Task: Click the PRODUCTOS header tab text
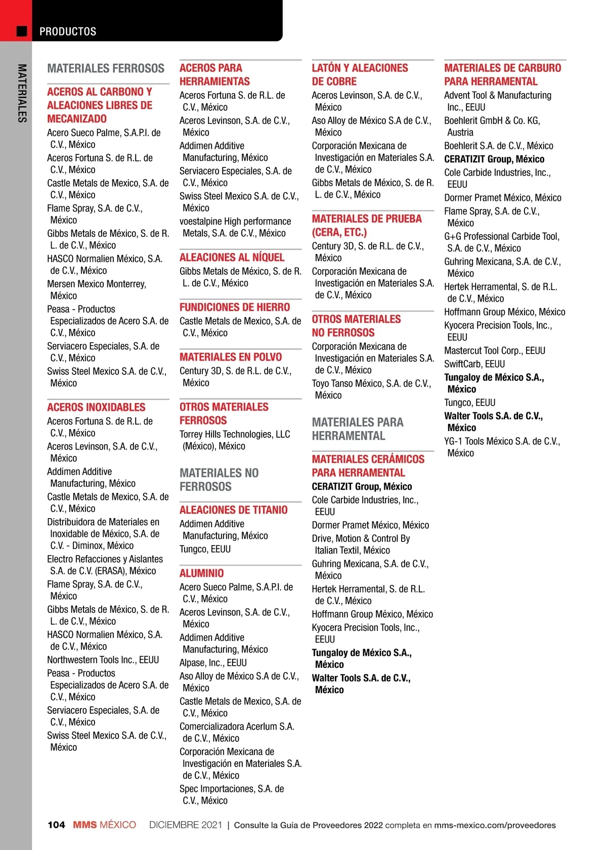68,31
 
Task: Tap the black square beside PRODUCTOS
22,31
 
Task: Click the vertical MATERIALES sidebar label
22,93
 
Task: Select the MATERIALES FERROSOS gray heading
106,68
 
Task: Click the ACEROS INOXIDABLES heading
96,407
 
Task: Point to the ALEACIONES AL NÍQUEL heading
232,257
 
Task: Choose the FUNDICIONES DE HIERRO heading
235,307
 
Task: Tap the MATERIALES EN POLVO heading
231,357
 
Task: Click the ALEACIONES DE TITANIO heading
233,510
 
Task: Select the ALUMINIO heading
201,573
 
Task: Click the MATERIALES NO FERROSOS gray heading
219,480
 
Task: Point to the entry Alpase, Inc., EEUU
213,663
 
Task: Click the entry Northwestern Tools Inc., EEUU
103,660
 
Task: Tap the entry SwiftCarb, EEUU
474,364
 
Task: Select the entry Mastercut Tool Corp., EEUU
494,351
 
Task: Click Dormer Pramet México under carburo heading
502,198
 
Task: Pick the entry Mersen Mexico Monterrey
96,290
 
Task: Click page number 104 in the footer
56,825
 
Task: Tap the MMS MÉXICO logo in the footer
104,825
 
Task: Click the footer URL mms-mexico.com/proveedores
495,825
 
